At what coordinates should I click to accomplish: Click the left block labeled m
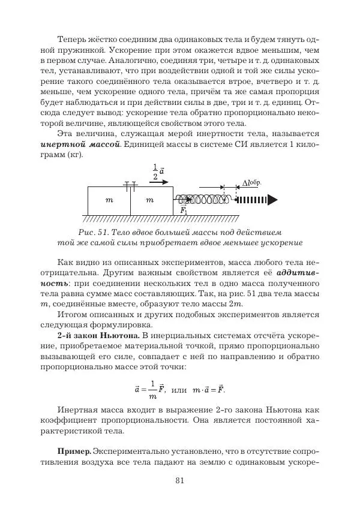point(109,200)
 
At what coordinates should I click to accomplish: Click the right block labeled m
point(151,200)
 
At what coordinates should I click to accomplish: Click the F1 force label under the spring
point(184,210)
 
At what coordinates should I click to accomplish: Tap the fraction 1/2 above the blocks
point(155,171)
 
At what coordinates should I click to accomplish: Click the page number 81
point(179,480)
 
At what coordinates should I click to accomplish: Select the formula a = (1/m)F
point(150,389)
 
